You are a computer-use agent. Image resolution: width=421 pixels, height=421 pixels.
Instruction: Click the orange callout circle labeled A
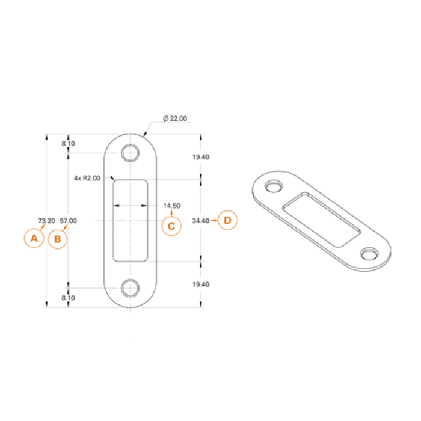point(34,238)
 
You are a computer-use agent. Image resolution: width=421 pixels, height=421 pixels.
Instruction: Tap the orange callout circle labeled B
point(57,239)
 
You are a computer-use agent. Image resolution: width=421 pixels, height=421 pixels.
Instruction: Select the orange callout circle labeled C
point(171,226)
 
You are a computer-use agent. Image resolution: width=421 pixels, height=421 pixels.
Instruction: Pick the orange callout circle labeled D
point(227,220)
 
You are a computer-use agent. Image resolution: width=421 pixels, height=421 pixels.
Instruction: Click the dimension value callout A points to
point(46,221)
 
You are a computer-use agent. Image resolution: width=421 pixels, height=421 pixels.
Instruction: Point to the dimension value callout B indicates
point(68,221)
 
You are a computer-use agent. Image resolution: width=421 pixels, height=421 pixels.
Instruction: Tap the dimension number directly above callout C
point(172,206)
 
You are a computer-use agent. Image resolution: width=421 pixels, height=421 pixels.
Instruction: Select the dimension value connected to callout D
point(200,221)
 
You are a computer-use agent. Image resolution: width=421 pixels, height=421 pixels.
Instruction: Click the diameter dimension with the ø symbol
point(175,118)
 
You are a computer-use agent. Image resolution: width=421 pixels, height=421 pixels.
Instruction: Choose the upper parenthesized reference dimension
point(68,143)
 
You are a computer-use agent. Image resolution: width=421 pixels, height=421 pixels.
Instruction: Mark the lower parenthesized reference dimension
point(68,298)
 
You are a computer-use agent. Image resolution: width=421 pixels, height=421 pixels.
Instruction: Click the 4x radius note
point(87,178)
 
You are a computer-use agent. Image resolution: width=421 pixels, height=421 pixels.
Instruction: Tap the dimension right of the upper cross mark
point(201,157)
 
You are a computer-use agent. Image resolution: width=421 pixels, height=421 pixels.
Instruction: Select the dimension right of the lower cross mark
point(201,284)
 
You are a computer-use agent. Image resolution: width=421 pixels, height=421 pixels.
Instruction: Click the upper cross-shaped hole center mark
point(130,153)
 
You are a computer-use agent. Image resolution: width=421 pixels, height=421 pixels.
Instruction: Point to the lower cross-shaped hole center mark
point(130,289)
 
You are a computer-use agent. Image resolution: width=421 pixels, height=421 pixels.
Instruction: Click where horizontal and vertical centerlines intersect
point(130,221)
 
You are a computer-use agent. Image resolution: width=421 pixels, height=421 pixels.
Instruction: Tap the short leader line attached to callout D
point(214,221)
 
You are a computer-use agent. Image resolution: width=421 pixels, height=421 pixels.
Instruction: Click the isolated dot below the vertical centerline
point(130,336)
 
